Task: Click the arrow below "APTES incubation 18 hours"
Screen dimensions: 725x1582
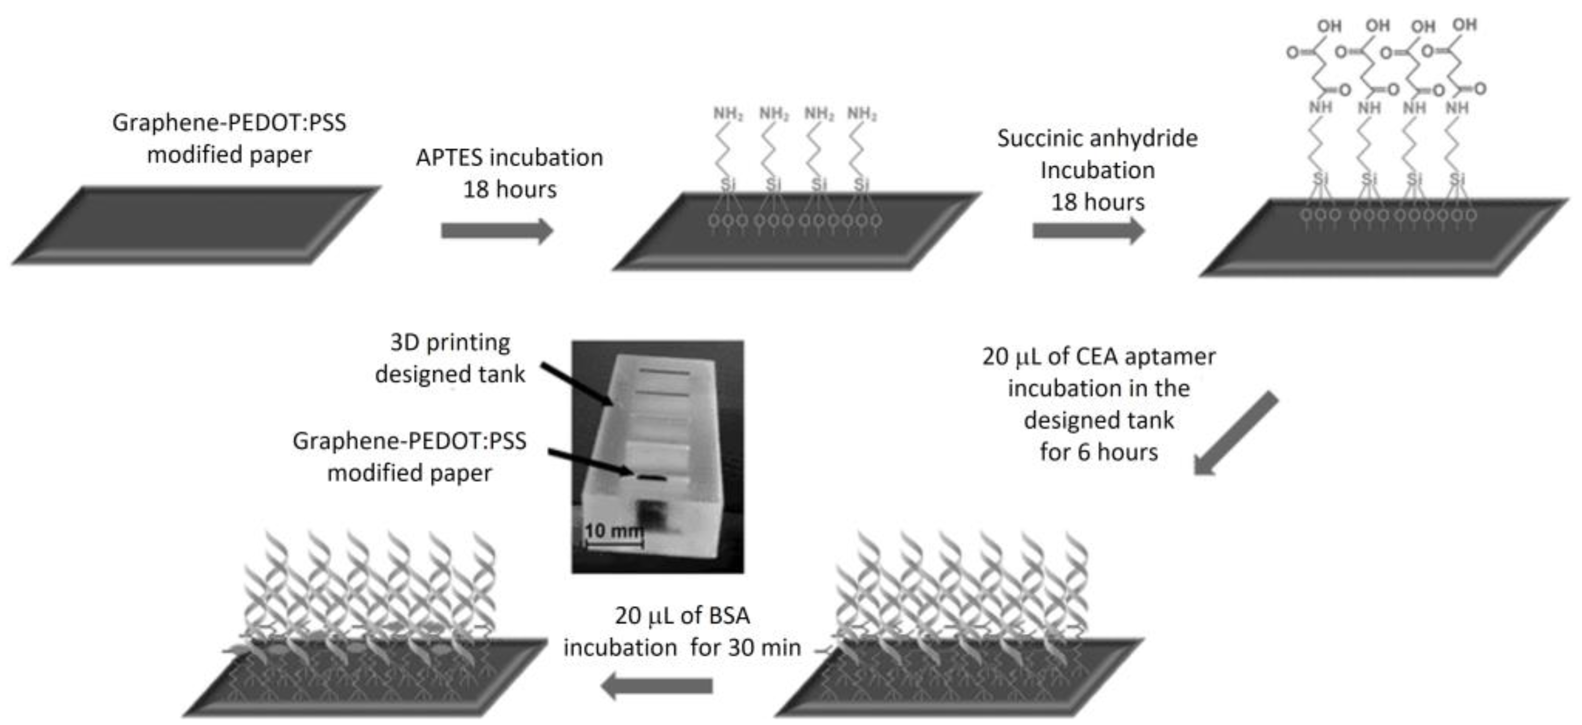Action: [x=496, y=231]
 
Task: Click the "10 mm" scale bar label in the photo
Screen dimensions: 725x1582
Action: [x=612, y=530]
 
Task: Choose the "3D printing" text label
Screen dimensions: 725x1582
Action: [x=450, y=342]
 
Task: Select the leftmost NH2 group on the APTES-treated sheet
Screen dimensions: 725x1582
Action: [x=728, y=114]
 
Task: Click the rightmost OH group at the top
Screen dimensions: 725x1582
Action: [x=1465, y=25]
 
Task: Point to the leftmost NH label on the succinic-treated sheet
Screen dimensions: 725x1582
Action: [x=1320, y=108]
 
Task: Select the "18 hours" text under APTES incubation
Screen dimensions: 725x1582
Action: [x=510, y=190]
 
